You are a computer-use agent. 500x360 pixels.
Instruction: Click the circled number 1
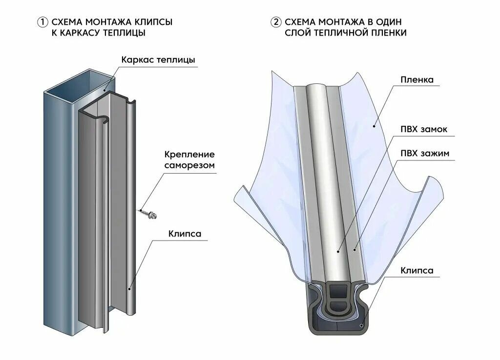pos(43,22)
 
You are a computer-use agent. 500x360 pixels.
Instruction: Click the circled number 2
pos(277,22)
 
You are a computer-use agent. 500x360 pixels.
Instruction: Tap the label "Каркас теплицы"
pos(158,60)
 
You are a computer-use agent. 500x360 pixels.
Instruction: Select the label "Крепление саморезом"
pos(189,160)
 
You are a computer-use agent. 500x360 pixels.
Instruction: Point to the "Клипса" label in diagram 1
pos(184,234)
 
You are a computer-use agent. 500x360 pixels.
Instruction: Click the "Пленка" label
pos(417,80)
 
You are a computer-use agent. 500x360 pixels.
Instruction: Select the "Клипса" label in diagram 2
pos(417,270)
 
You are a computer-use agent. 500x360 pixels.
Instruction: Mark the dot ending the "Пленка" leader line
pos(374,126)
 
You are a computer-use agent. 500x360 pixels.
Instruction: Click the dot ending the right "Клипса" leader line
pos(362,324)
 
